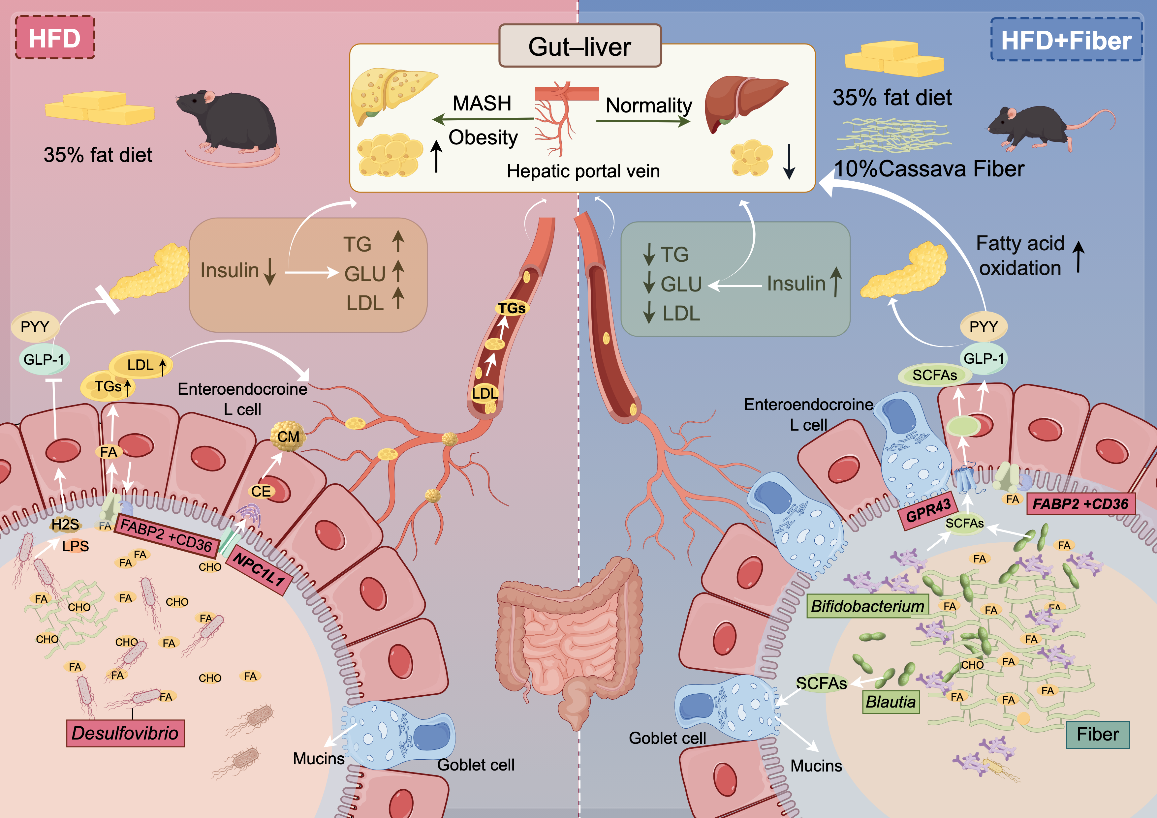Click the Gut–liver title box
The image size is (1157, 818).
pyautogui.click(x=579, y=46)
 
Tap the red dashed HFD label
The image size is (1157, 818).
pyautogui.click(x=54, y=38)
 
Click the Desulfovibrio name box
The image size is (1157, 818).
pyautogui.click(x=125, y=733)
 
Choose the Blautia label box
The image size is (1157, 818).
pyautogui.click(x=891, y=702)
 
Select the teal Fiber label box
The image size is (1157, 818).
pyautogui.click(x=1098, y=734)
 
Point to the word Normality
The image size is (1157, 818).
pyautogui.click(x=648, y=105)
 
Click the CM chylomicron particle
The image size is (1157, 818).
pyautogui.click(x=288, y=436)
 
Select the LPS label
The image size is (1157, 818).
pyautogui.click(x=76, y=546)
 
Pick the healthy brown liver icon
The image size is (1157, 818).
pyautogui.click(x=743, y=101)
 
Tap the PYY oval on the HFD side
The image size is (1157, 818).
pyautogui.click(x=35, y=326)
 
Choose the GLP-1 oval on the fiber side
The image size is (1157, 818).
pyautogui.click(x=983, y=359)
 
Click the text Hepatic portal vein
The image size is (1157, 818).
pyautogui.click(x=583, y=171)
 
